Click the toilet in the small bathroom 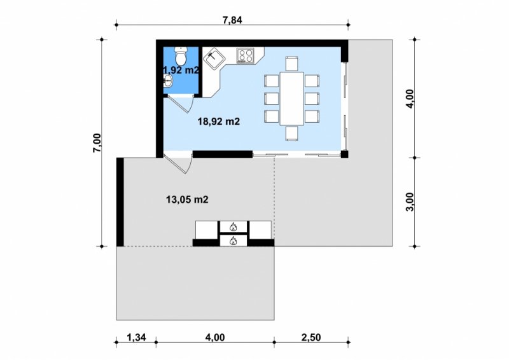181,55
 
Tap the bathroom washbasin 167,81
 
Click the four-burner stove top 245,55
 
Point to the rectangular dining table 292,99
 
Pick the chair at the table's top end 291,64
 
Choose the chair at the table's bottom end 291,134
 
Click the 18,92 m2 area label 219,121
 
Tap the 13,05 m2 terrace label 187,199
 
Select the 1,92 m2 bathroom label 181,70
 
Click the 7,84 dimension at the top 232,20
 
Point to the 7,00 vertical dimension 97,143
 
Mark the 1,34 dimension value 136,338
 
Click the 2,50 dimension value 311,338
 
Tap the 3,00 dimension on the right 410,202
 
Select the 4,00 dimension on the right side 410,99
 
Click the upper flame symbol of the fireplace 233,226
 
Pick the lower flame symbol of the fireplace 233,241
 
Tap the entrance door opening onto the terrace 178,165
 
